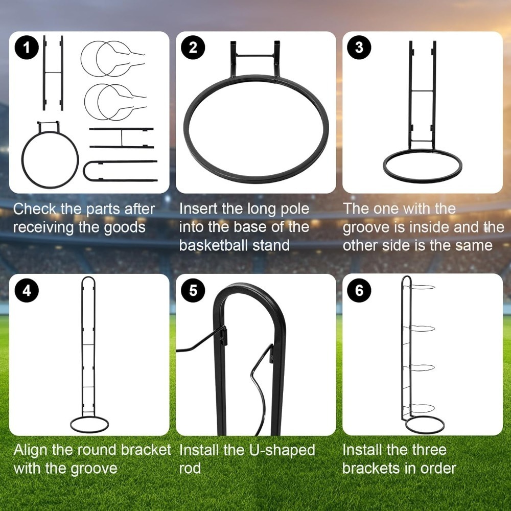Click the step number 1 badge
pos(27,48)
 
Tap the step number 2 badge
pos(193,48)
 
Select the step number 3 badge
pos(359,48)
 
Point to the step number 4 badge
pos(27,290)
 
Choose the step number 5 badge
pos(193,290)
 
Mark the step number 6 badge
pos(359,290)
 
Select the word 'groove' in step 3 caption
pos(363,228)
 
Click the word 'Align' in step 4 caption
pos(31,451)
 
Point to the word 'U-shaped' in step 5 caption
pos(282,451)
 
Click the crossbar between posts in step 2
pos(255,56)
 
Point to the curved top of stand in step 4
pos(88,277)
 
